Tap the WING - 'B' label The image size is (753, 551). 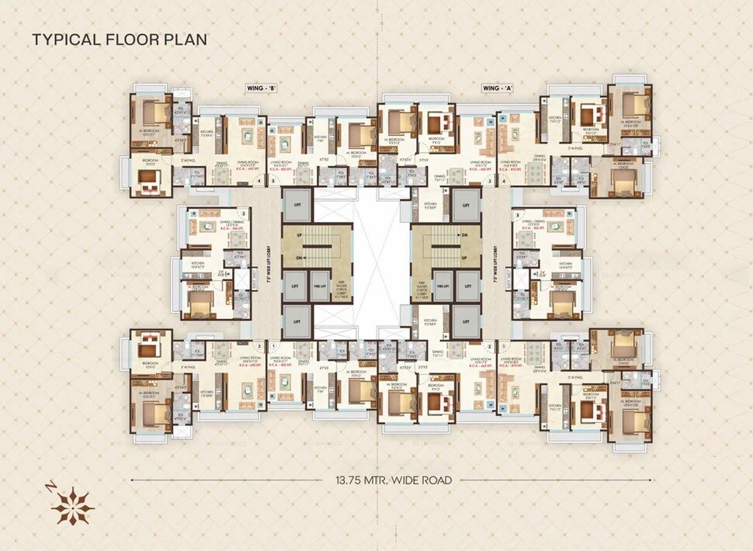pyautogui.click(x=262, y=89)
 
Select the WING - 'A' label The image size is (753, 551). pyautogui.click(x=498, y=89)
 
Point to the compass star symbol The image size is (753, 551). pyautogui.click(x=72, y=506)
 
